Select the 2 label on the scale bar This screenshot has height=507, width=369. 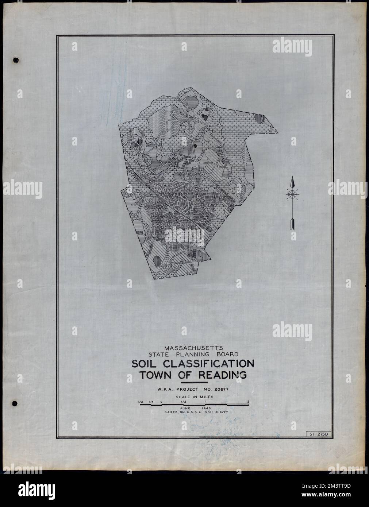click(248, 402)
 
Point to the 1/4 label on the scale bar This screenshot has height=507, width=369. click(150, 402)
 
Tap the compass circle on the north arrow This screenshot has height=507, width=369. click(292, 195)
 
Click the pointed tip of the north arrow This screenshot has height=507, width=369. click(292, 178)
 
